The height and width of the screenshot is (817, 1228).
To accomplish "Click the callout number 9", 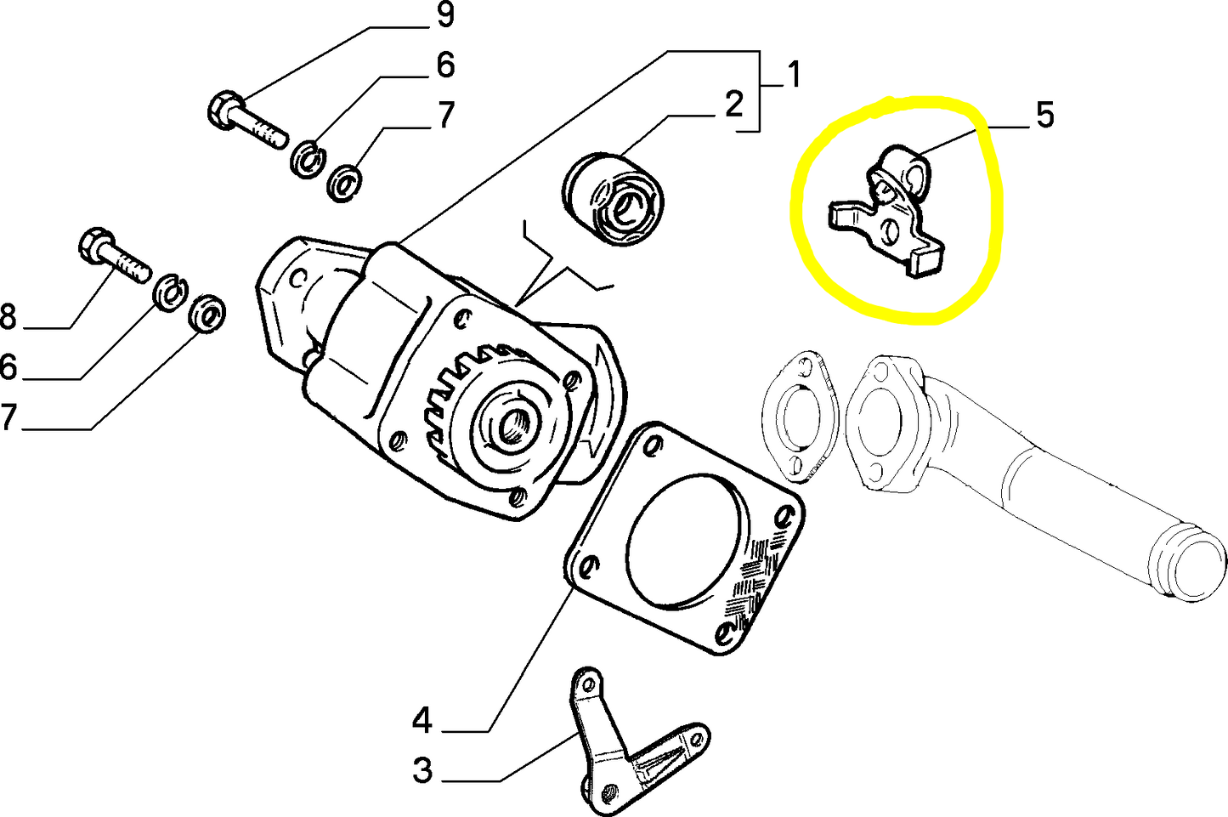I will pos(444,15).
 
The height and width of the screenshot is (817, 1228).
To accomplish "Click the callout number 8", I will pos(8,317).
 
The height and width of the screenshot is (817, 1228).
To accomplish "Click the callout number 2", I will pos(733,105).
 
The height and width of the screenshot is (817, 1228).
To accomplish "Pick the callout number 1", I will pos(793,75).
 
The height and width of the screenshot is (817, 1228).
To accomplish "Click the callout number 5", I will pos(1044,115).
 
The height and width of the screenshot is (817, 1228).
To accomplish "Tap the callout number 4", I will pos(422,722).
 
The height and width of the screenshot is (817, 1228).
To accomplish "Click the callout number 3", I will pos(422,771).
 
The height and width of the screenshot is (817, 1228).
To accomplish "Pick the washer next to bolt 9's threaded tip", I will pos(307,159).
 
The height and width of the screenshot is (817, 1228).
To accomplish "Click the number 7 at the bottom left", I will pos(8,417).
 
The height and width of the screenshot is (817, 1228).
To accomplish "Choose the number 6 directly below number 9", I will pos(444,65).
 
